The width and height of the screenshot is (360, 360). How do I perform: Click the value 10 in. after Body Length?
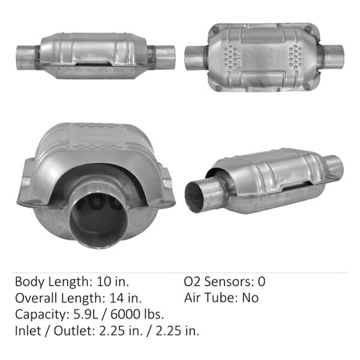pyautogui.click(x=113, y=281)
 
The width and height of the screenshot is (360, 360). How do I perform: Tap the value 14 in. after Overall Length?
pyautogui.click(x=125, y=298)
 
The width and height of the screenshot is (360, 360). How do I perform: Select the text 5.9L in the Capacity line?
pyautogui.click(x=86, y=314)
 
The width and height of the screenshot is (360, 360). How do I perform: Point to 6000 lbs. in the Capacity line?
pyautogui.click(x=137, y=314)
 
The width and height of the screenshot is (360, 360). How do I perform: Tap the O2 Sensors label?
pyautogui.click(x=218, y=281)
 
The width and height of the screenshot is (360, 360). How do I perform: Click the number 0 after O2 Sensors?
pyautogui.click(x=262, y=281)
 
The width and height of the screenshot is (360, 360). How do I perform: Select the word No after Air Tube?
pyautogui.click(x=250, y=298)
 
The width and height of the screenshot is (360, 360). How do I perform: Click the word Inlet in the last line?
pyautogui.click(x=28, y=331)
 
